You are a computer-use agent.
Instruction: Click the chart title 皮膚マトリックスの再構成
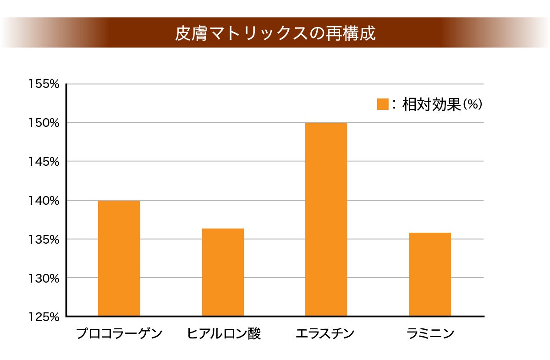click(275, 33)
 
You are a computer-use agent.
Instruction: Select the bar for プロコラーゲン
click(119, 258)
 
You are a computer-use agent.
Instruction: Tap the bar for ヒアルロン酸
click(223, 272)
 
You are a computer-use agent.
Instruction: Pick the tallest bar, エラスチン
click(326, 219)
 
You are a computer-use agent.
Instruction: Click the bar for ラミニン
click(430, 274)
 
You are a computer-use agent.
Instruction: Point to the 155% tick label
click(44, 84)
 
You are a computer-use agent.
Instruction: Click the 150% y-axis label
click(44, 123)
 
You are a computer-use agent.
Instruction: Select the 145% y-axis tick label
click(44, 162)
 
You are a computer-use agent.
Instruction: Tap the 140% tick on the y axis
click(44, 201)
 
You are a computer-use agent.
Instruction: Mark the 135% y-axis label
click(44, 240)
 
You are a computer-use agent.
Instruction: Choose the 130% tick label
click(44, 278)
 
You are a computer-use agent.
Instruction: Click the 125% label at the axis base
click(44, 317)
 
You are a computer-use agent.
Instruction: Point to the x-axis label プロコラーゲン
click(119, 333)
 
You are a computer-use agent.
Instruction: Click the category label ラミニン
click(430, 333)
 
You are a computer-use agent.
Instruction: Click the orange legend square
click(383, 104)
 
